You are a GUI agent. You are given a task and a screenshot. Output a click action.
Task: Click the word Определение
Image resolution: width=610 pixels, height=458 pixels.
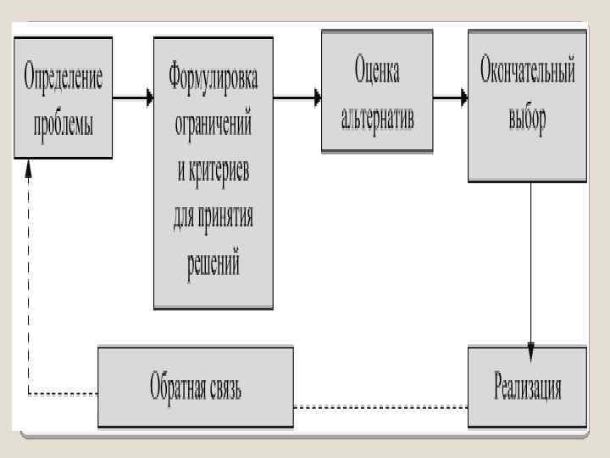pos(64,80)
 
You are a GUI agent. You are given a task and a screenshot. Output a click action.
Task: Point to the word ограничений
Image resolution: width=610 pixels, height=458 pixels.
pos(213,124)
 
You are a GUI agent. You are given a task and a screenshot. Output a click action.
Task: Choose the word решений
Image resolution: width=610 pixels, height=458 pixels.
pos(213,264)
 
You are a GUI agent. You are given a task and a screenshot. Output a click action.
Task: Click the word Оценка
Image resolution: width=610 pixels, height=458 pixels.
pos(377,72)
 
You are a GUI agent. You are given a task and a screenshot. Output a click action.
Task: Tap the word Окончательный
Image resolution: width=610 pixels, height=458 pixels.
pos(527,71)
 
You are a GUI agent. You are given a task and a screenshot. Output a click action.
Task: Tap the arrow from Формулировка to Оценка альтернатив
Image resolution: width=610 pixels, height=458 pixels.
pos(297,98)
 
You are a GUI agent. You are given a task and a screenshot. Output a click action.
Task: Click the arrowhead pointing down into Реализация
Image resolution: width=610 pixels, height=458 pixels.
pos(530,349)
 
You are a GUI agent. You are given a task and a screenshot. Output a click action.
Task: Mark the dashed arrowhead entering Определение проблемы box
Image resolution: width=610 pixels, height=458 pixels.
pos(29,167)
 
